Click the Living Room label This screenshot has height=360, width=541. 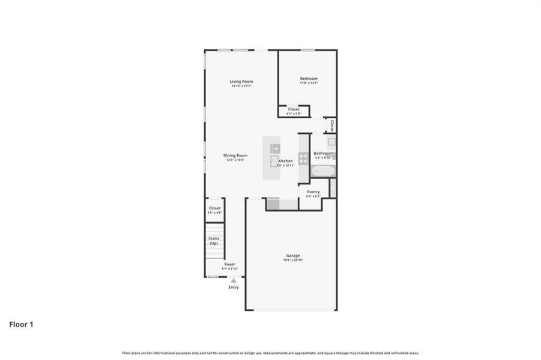[x=241, y=81]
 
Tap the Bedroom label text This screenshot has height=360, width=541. [x=309, y=79]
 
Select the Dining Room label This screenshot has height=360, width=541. [x=237, y=155]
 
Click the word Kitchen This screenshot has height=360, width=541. [x=286, y=161]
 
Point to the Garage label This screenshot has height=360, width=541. [x=293, y=255]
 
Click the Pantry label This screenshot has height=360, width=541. [x=313, y=191]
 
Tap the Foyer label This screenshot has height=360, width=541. [x=229, y=264]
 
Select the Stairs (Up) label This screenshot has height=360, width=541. [x=214, y=241]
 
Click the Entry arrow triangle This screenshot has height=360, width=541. [x=234, y=280]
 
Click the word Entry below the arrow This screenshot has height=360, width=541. [x=234, y=287]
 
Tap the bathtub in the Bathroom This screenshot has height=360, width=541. [x=323, y=171]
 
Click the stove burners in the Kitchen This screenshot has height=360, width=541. [x=304, y=158]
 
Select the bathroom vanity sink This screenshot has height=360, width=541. [x=331, y=143]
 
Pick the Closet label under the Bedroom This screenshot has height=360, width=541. [x=294, y=109]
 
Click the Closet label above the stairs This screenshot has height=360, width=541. [x=214, y=208]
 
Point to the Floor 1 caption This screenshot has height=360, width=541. [x=21, y=325]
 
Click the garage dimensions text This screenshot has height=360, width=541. [x=293, y=260]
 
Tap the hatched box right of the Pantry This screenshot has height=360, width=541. [x=333, y=188]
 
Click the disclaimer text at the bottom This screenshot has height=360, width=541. [x=270, y=353]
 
